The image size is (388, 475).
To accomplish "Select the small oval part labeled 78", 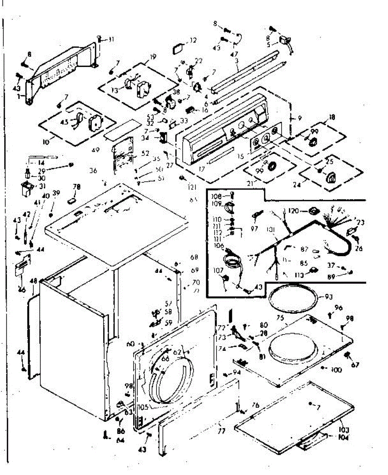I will pos(72,199).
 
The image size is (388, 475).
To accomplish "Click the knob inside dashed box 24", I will pos(330,178).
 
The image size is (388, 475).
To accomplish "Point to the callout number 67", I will pos(354,365).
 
